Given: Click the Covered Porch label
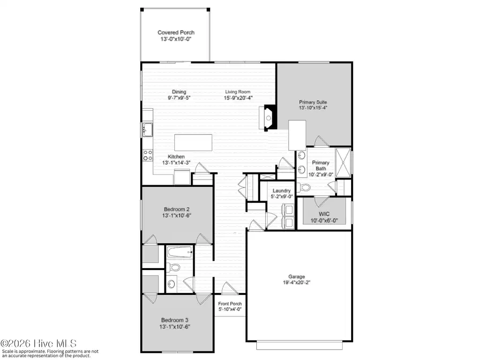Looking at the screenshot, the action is [x=176, y=32].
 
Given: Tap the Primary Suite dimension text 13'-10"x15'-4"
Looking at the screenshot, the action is [x=313, y=108].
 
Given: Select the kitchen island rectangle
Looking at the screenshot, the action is [x=193, y=142].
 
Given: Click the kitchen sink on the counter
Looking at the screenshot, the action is [x=148, y=129].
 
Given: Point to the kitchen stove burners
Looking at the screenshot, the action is [x=148, y=155].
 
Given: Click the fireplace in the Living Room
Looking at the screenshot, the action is [x=268, y=118].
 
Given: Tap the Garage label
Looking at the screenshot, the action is [x=297, y=277].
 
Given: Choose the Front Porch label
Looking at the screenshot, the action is [x=230, y=304].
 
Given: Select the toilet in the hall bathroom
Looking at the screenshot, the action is [x=174, y=267].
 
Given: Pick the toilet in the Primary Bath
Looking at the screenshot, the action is [x=304, y=187].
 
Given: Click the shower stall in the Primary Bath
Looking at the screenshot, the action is [x=343, y=163].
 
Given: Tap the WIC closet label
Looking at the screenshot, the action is [x=324, y=214].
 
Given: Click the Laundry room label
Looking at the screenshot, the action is [x=282, y=191].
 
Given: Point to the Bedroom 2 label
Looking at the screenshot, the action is [x=177, y=210].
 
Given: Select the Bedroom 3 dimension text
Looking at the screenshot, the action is [x=175, y=327].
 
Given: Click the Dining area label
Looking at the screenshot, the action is [x=179, y=92].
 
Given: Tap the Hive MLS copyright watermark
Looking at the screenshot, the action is [x=38, y=344].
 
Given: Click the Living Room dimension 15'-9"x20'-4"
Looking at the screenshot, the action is [x=238, y=98].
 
